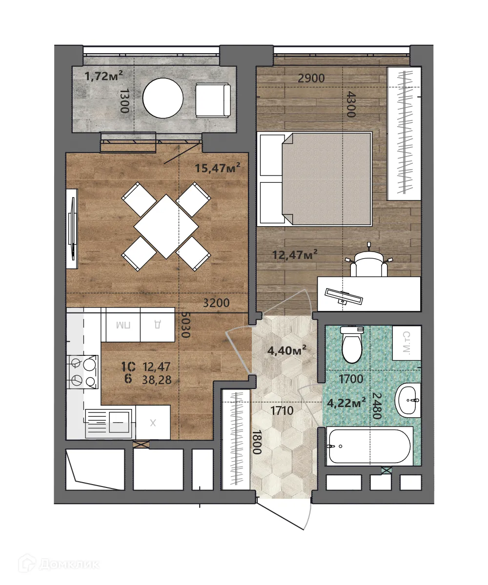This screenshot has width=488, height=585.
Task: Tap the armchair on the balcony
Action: point(212,100)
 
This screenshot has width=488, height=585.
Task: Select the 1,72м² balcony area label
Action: point(103,76)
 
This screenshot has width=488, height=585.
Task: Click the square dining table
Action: point(166,226)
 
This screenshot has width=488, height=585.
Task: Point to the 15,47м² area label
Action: point(218,169)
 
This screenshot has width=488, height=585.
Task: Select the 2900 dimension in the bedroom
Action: point(310,78)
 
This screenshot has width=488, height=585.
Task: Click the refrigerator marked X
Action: point(153,423)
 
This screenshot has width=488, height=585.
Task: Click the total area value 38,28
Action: point(157,380)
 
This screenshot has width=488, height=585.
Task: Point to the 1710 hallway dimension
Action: point(282,411)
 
